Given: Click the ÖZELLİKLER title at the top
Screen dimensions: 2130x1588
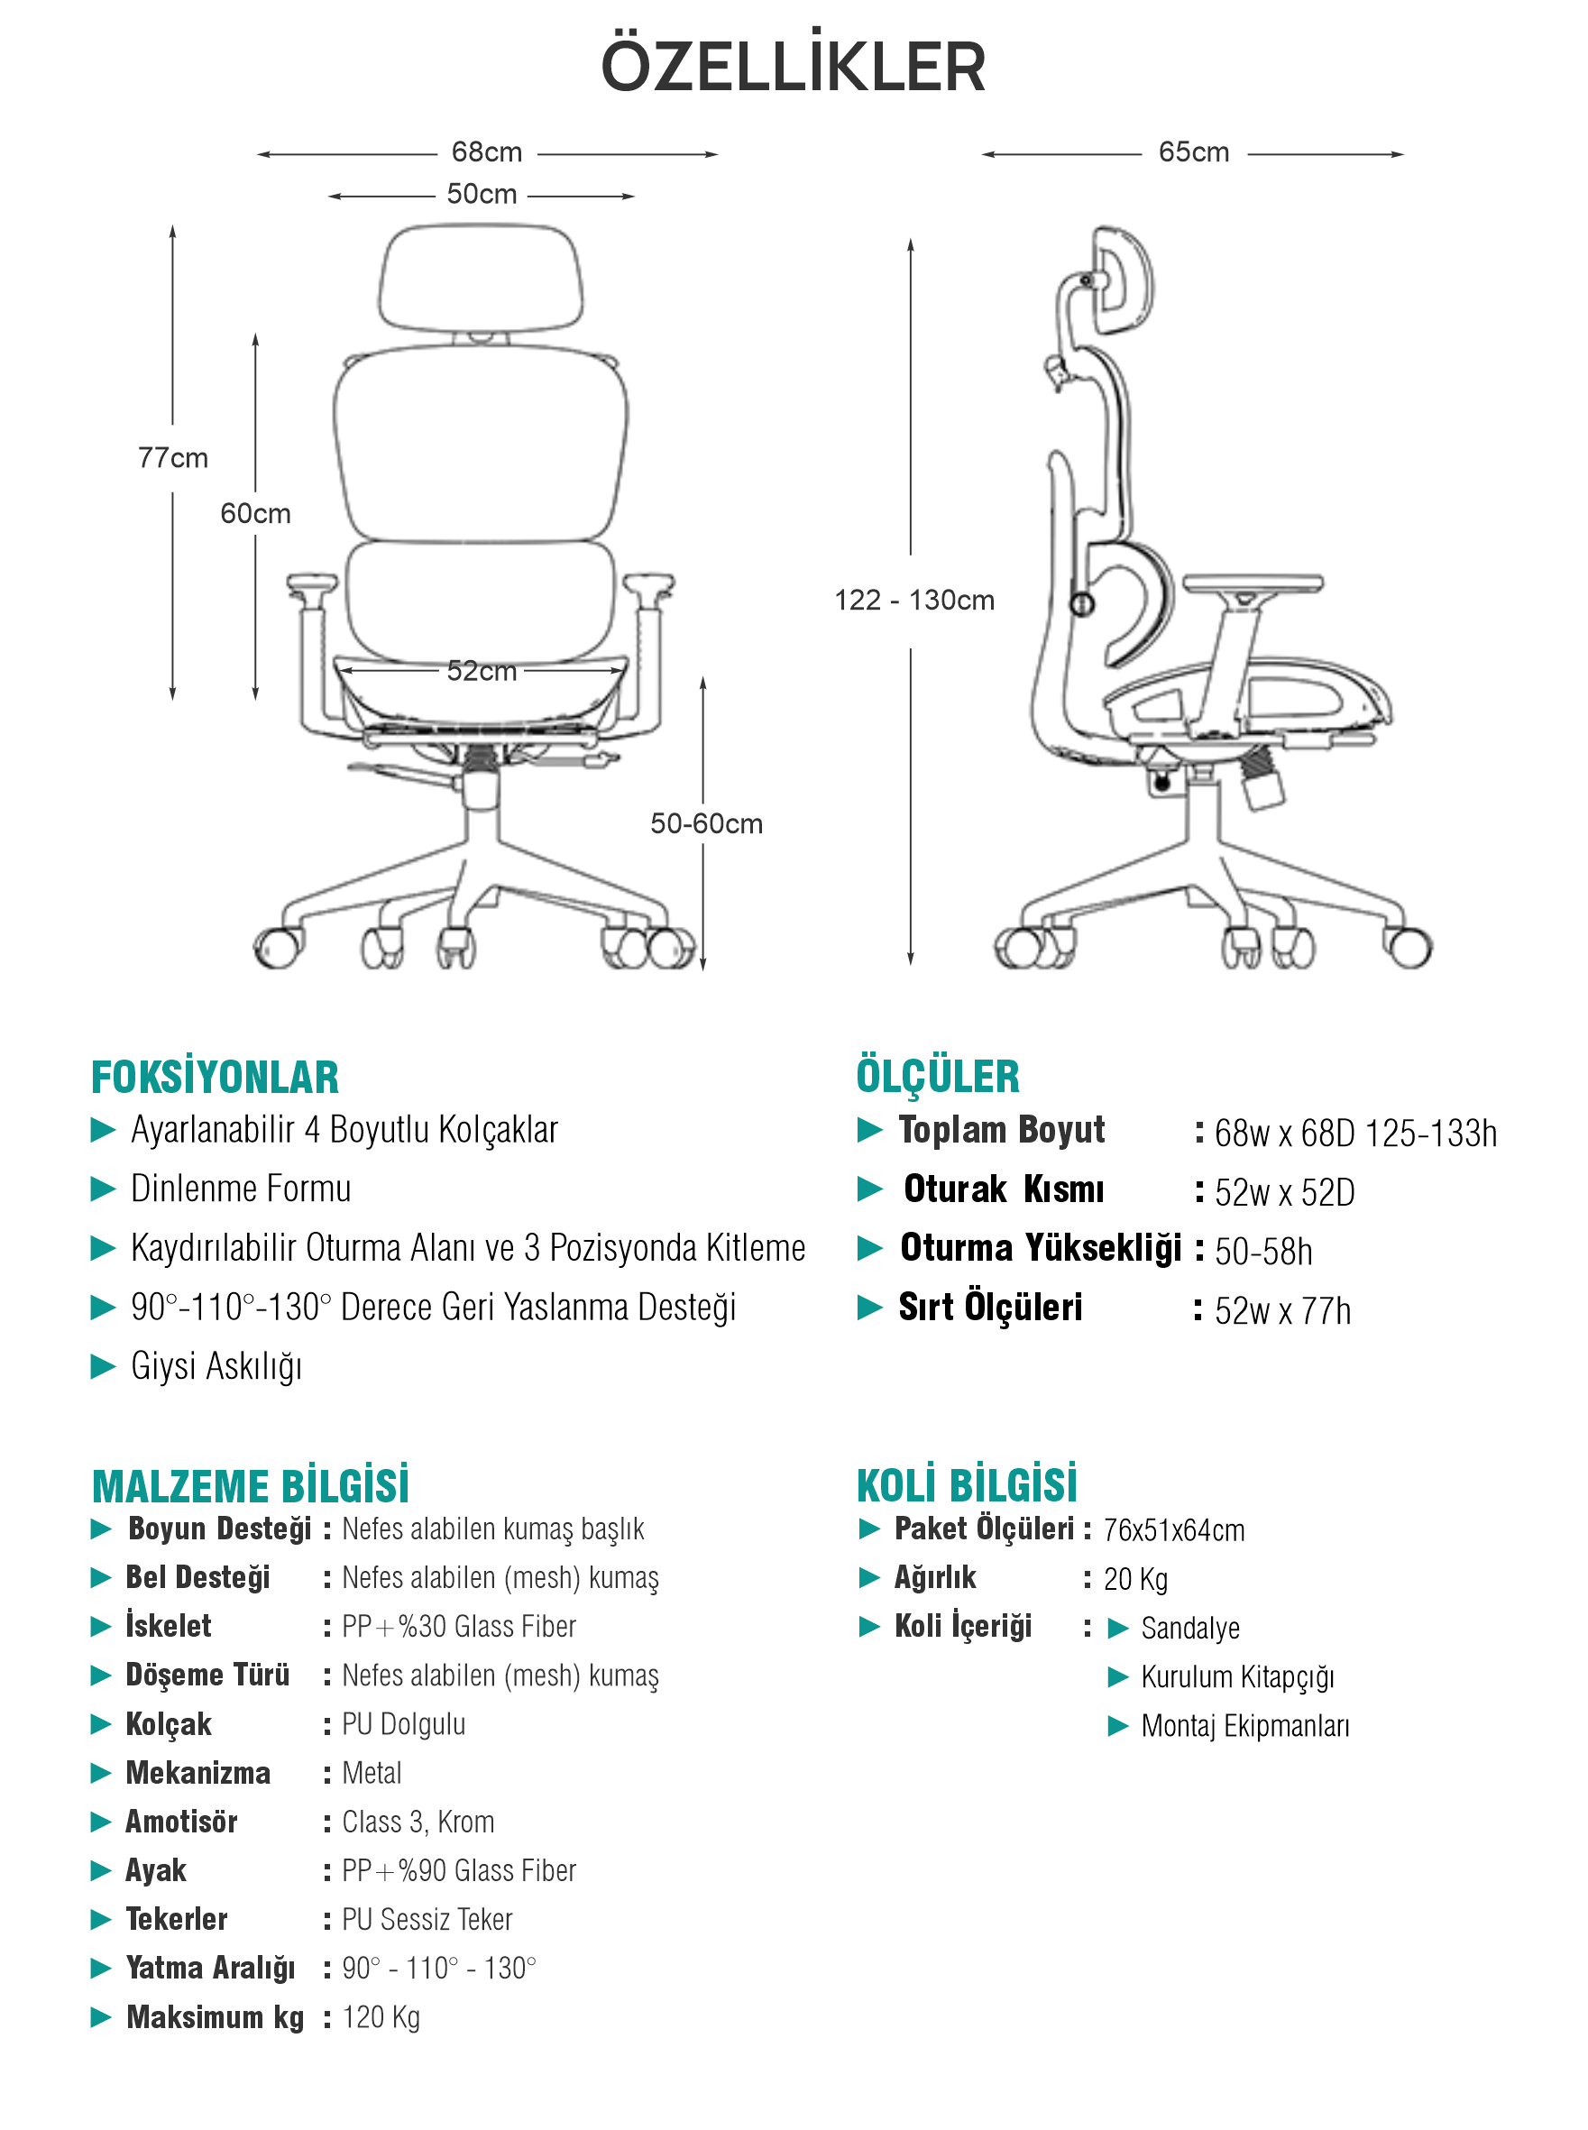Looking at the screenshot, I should point(793,68).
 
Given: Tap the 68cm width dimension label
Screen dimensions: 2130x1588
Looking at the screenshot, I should point(486,151).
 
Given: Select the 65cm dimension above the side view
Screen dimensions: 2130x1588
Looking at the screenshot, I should point(1193,151).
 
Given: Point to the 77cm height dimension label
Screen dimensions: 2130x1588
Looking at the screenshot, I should point(173,457).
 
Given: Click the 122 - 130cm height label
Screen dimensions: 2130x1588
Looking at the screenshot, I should point(913,601).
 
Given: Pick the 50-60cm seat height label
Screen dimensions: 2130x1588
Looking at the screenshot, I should point(705,823).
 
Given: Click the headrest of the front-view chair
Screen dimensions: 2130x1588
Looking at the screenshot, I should point(481,279).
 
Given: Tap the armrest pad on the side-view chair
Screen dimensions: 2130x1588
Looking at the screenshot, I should point(1253,583).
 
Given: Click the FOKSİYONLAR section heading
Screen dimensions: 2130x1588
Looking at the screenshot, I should point(215,1078).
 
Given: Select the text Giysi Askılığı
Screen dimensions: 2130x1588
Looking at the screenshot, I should point(216,1366).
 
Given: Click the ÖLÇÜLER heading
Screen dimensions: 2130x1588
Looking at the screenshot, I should point(937,1077).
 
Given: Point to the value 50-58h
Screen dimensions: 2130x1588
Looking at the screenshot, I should point(1263,1252).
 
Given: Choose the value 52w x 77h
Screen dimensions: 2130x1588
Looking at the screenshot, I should point(1282,1311).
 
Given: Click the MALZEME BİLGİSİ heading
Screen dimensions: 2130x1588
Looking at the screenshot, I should point(250,1486).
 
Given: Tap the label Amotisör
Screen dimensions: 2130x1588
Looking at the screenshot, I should point(181,1822).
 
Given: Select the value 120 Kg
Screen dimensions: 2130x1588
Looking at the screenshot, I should point(381,2016).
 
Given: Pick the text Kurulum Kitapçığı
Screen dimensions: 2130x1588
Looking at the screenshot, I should point(1237,1677).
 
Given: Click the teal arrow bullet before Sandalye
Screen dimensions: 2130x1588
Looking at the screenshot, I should point(1117,1629).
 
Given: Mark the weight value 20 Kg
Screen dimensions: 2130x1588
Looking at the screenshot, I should point(1134,1579).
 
